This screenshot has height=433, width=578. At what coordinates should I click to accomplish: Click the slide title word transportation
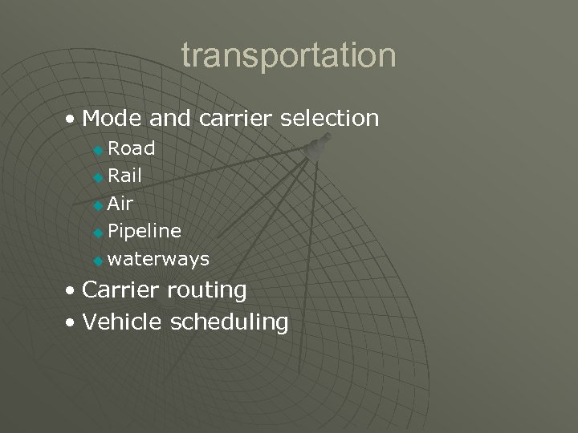pos(288,56)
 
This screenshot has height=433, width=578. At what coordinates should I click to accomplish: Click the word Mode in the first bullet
pos(112,119)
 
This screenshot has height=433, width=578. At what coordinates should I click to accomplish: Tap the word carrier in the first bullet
pos(230,119)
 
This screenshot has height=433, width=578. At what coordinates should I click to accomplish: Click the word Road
pos(132,148)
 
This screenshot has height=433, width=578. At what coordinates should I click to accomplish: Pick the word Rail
pos(124,176)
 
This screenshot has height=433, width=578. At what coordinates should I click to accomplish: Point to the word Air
pos(120,204)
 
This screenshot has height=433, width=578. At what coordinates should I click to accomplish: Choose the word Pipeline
pos(144,232)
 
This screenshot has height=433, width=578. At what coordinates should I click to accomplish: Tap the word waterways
pos(158,259)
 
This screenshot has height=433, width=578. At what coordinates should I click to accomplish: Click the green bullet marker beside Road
pos(98,150)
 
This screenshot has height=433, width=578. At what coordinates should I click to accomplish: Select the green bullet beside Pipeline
pos(98,233)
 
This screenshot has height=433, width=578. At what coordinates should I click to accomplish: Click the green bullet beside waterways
pos(98,261)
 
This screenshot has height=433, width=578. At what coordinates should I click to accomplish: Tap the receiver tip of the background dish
pos(320,148)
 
